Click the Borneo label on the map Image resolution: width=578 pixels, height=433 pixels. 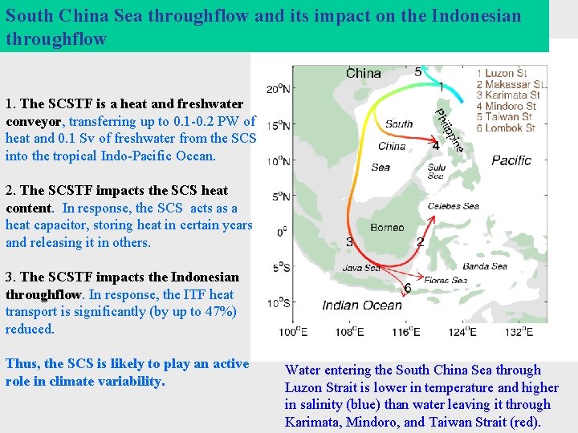(387, 227)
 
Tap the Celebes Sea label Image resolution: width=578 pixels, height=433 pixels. (453, 206)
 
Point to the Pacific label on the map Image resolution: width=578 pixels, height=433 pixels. (511, 160)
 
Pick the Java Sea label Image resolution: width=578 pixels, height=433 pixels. (362, 268)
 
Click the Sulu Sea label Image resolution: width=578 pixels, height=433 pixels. (436, 172)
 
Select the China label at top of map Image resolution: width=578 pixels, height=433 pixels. (363, 73)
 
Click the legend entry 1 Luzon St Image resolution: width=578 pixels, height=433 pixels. (507, 74)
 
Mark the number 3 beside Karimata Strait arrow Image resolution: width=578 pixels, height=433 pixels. (349, 241)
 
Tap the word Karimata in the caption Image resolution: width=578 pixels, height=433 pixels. (312, 422)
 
